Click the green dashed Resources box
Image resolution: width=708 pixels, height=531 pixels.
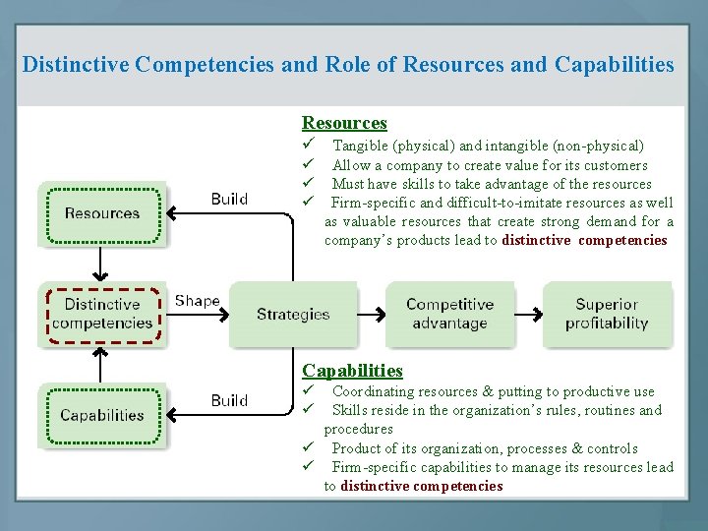[x=102, y=213]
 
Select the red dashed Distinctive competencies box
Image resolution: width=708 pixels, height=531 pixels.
[x=102, y=314]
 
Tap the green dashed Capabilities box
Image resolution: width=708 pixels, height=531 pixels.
[x=102, y=415]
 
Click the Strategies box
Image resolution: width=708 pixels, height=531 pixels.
[x=292, y=315]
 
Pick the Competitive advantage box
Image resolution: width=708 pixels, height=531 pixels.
[x=449, y=315]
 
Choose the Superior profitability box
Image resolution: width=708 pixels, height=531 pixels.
[x=606, y=315]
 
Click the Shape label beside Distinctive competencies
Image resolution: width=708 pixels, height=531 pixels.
[x=197, y=301]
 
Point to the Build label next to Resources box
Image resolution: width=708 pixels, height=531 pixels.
[x=229, y=199]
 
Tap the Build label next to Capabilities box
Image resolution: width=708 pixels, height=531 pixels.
[x=229, y=400]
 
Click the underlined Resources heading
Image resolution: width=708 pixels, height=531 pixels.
[x=344, y=123]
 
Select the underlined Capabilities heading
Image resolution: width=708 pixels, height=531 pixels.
[x=352, y=371]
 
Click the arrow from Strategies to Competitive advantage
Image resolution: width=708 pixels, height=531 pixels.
[x=371, y=315]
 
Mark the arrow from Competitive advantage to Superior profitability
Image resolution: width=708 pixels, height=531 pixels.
[x=528, y=315]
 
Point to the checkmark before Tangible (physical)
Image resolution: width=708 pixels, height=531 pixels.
[x=308, y=146]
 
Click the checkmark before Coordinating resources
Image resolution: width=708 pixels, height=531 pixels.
[x=308, y=391]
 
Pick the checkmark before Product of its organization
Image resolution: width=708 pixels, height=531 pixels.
[x=308, y=448]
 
